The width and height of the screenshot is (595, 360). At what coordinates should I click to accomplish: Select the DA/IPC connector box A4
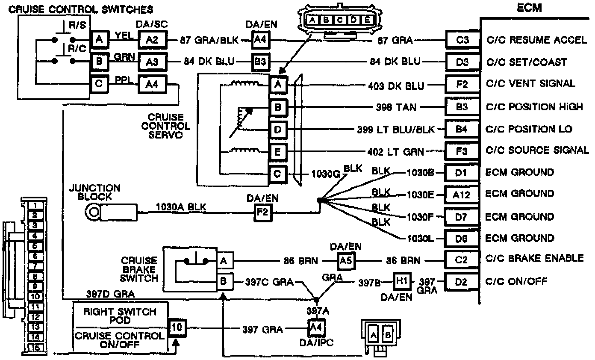315,329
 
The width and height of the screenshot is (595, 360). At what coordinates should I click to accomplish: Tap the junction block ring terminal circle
92,211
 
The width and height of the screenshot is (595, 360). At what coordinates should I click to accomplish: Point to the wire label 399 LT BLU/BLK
395,129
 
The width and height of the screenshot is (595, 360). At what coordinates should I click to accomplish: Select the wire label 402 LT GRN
396,151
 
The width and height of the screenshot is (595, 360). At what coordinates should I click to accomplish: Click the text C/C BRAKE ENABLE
535,258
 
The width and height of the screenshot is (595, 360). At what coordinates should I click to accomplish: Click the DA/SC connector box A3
152,62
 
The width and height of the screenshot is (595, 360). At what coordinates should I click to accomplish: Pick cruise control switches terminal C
99,83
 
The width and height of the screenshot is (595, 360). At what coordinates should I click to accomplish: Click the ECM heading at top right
529,7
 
